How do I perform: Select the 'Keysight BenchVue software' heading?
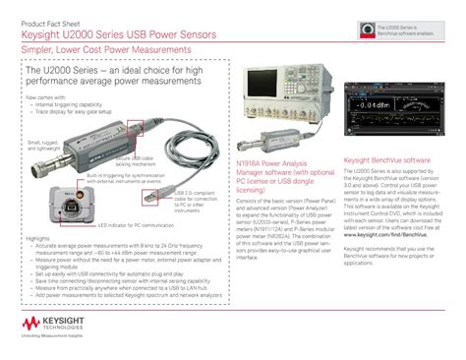[x=384, y=157]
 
